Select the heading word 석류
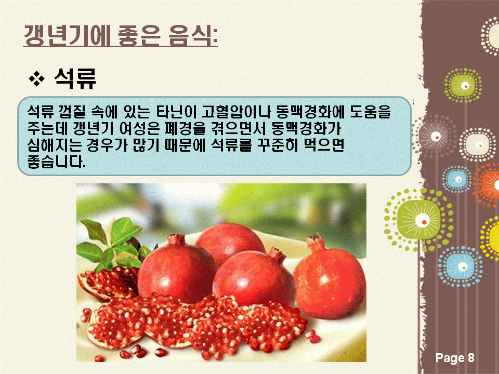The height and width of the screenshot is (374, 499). [75, 78]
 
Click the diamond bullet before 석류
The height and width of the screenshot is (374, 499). [36, 79]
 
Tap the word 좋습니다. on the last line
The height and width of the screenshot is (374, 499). [57, 162]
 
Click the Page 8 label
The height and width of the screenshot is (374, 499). [455, 358]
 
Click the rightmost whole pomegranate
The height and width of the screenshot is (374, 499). [330, 277]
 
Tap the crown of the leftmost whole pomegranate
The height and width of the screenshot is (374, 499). [177, 239]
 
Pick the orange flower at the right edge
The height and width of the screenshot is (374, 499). [487, 184]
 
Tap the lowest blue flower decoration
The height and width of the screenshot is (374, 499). [460, 266]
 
